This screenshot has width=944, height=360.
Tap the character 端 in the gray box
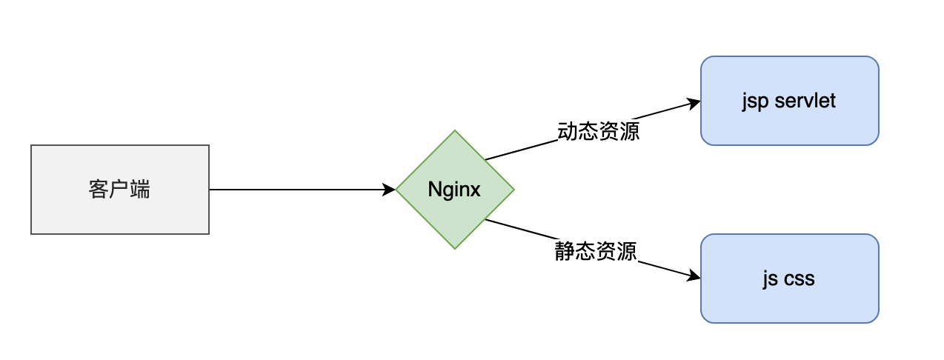click(x=140, y=190)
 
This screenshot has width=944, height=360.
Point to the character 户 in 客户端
click(x=119, y=190)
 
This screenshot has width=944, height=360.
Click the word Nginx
click(x=454, y=190)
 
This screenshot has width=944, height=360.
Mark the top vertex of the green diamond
click(x=455, y=131)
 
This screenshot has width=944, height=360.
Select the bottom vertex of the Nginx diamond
click(x=455, y=248)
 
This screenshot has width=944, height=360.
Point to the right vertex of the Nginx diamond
click(x=513, y=190)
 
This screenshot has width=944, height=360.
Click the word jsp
click(x=755, y=101)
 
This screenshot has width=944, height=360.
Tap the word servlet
click(x=805, y=101)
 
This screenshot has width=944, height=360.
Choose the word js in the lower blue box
click(x=770, y=279)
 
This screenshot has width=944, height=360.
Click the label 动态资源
click(x=598, y=132)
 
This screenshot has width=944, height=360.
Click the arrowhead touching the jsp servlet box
click(x=694, y=103)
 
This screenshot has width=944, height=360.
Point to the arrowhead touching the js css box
click(x=694, y=277)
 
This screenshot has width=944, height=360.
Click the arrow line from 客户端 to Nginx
click(x=296, y=190)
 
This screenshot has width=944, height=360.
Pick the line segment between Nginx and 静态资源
click(x=519, y=229)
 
